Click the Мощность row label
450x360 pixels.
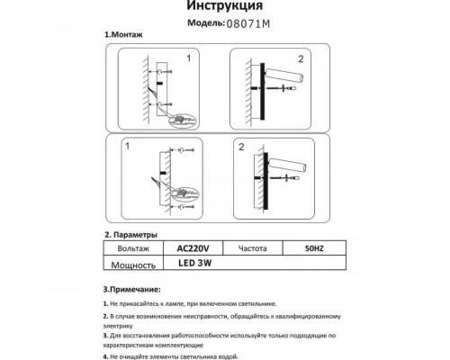pos(132,265)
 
